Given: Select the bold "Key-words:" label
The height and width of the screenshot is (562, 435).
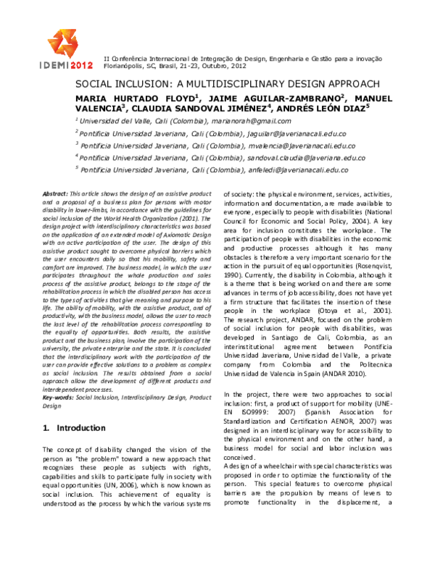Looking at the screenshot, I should tap(59, 397).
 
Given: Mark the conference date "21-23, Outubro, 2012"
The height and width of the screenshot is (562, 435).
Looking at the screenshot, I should tap(228, 64).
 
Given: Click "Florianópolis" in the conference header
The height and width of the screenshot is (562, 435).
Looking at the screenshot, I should tap(126, 64).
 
